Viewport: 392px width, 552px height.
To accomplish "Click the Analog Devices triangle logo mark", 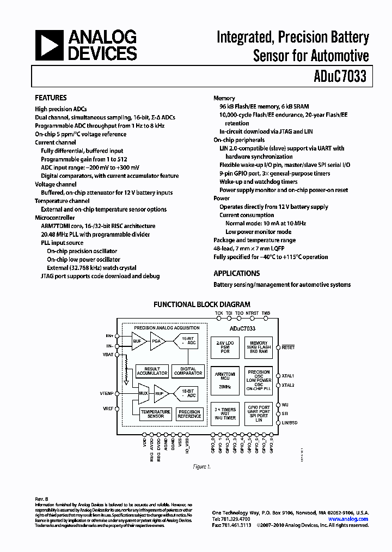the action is click(x=48, y=45).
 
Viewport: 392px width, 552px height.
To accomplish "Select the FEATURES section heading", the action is click(x=51, y=98).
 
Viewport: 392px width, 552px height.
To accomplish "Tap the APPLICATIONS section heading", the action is click(x=236, y=273).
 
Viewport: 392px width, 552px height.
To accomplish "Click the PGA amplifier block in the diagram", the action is click(x=157, y=341).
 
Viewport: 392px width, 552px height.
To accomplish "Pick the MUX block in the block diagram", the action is click(x=144, y=393).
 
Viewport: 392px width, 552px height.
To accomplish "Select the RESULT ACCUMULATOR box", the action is click(x=152, y=371).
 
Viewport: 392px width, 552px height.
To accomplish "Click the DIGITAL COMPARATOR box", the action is click(x=188, y=371).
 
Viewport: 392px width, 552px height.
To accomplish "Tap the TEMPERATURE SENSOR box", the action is click(x=155, y=413).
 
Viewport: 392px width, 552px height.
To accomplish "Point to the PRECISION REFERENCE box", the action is click(x=189, y=413).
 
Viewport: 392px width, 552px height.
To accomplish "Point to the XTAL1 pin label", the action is click(x=289, y=376).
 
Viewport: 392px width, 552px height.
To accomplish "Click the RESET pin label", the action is click(x=289, y=347).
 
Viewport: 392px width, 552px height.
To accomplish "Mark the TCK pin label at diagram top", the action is click(x=219, y=314).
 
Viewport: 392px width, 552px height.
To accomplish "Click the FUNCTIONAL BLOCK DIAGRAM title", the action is click(x=202, y=304).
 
